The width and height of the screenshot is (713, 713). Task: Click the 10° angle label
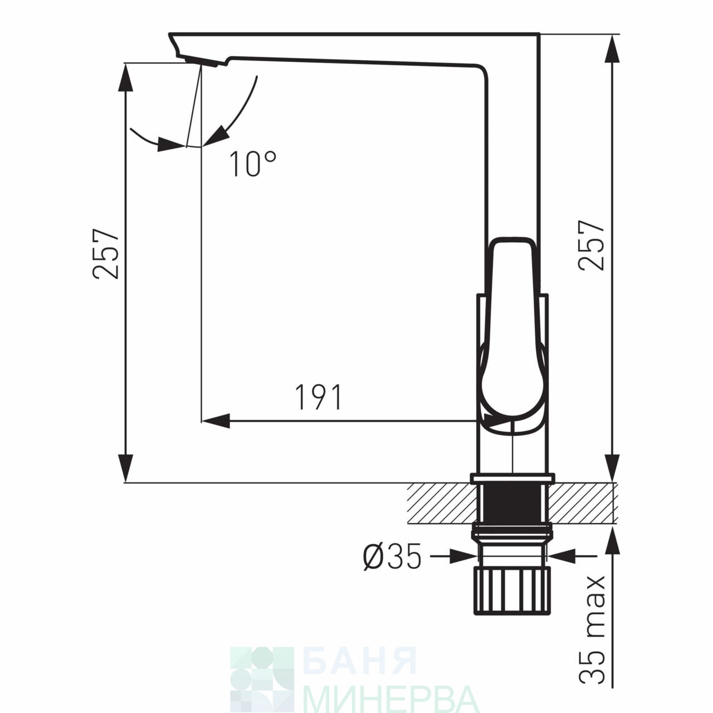coord(253,164)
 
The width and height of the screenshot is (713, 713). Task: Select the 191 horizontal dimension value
coord(319,397)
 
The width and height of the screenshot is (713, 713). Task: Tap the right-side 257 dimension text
coord(592,245)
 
